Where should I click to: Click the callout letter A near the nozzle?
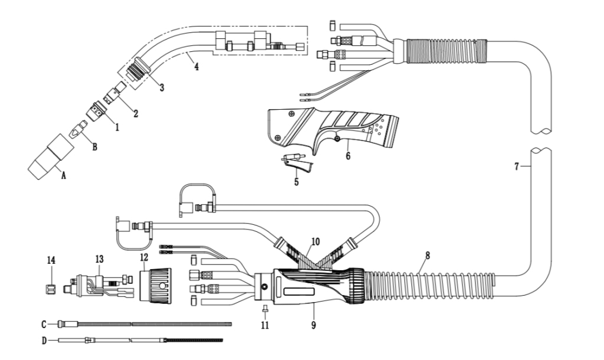click(64, 175)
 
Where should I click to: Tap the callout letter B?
click(95, 146)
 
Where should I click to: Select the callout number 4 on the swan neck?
click(196, 66)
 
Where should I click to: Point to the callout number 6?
click(348, 156)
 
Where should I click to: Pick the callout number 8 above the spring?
click(427, 255)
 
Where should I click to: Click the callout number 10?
click(316, 241)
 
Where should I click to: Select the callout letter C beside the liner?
click(44, 325)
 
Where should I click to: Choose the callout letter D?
click(44, 341)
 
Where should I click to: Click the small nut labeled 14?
click(49, 289)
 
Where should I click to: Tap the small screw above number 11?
click(265, 309)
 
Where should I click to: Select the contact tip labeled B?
click(78, 129)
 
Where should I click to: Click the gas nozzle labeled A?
click(51, 157)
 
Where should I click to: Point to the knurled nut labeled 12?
click(155, 285)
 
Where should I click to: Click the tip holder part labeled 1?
click(96, 110)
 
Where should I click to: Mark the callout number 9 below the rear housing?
click(314, 325)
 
